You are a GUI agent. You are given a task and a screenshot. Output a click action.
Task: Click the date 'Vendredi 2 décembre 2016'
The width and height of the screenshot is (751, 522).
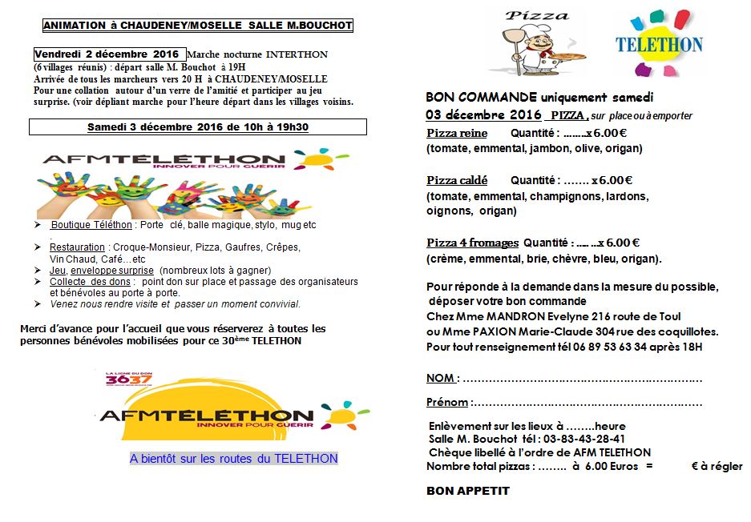click(109, 54)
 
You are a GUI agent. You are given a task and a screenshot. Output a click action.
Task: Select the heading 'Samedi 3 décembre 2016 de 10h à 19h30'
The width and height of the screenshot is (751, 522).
click(197, 127)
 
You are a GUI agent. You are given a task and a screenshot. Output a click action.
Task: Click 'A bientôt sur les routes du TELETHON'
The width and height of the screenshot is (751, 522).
click(233, 459)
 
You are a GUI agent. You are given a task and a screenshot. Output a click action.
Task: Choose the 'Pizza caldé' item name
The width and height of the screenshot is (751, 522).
click(457, 180)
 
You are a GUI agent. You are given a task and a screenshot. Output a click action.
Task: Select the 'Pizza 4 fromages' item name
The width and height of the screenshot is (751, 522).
click(472, 243)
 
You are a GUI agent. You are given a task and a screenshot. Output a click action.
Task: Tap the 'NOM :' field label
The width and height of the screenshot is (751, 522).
click(442, 378)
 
